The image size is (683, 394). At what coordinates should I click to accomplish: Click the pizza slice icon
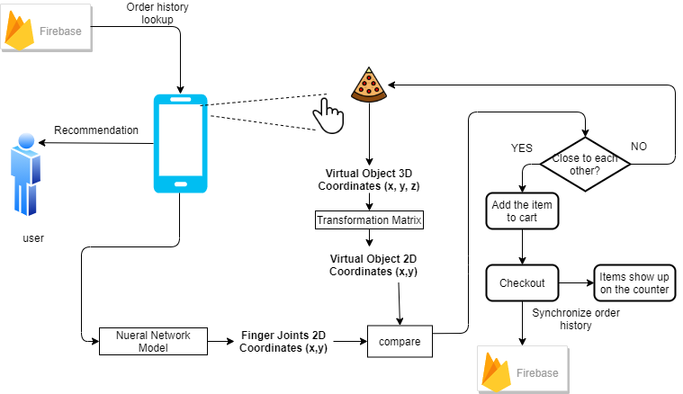tap(368, 85)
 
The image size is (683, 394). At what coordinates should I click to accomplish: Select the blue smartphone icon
tap(181, 144)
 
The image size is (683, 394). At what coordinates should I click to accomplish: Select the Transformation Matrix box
tap(369, 219)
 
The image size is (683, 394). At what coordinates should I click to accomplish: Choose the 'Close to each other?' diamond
tap(586, 164)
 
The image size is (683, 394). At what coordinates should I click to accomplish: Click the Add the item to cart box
tap(523, 211)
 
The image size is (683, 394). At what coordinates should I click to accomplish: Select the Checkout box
tap(522, 282)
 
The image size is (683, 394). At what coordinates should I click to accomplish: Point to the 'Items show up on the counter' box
tap(634, 282)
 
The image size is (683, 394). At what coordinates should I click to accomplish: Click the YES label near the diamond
tap(522, 147)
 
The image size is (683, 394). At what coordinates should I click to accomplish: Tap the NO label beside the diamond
tap(638, 146)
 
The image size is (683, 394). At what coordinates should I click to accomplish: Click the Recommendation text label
tap(96, 130)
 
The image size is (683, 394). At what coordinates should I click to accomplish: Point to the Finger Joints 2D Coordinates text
tap(283, 342)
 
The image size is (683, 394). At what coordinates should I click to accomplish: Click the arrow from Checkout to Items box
tap(575, 282)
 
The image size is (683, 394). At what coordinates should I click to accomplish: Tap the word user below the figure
tap(33, 238)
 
